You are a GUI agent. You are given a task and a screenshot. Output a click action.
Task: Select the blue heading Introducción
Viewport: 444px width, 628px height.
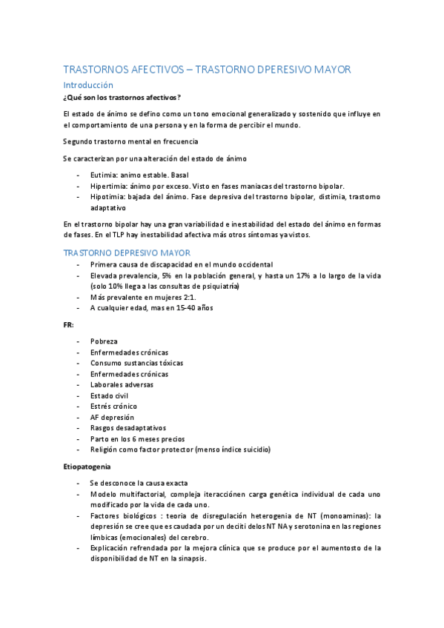(88, 85)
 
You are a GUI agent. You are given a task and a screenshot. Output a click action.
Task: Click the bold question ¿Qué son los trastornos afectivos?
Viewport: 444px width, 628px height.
(122, 98)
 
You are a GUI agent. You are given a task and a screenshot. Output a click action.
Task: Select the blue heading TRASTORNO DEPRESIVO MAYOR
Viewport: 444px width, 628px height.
(127, 253)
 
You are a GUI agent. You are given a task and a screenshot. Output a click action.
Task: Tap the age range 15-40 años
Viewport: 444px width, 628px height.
(179, 308)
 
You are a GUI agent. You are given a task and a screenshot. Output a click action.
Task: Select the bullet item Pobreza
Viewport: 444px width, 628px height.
(104, 341)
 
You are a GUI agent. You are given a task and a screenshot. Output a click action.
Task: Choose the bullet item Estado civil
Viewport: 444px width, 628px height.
(109, 395)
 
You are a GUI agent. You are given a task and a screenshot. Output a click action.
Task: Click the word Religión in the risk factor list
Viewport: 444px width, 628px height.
(105, 450)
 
